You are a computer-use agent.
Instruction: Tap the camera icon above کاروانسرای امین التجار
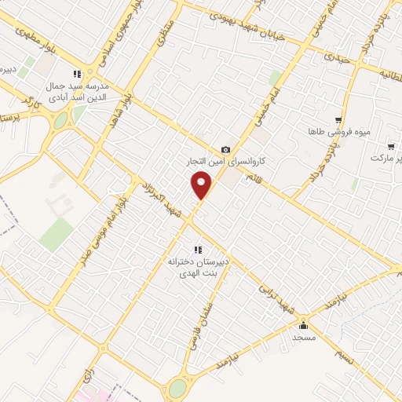[x=226, y=149]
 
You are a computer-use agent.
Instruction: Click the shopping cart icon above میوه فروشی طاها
[x=338, y=119]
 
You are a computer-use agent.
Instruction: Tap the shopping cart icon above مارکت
[x=390, y=146]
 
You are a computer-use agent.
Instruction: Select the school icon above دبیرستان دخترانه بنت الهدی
[x=197, y=250]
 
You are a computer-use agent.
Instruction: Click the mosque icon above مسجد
[x=304, y=325]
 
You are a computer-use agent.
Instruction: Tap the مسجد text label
[x=304, y=337]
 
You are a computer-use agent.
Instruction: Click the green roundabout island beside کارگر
[x=60, y=121]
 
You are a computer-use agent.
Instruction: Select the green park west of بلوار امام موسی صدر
[x=57, y=235]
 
